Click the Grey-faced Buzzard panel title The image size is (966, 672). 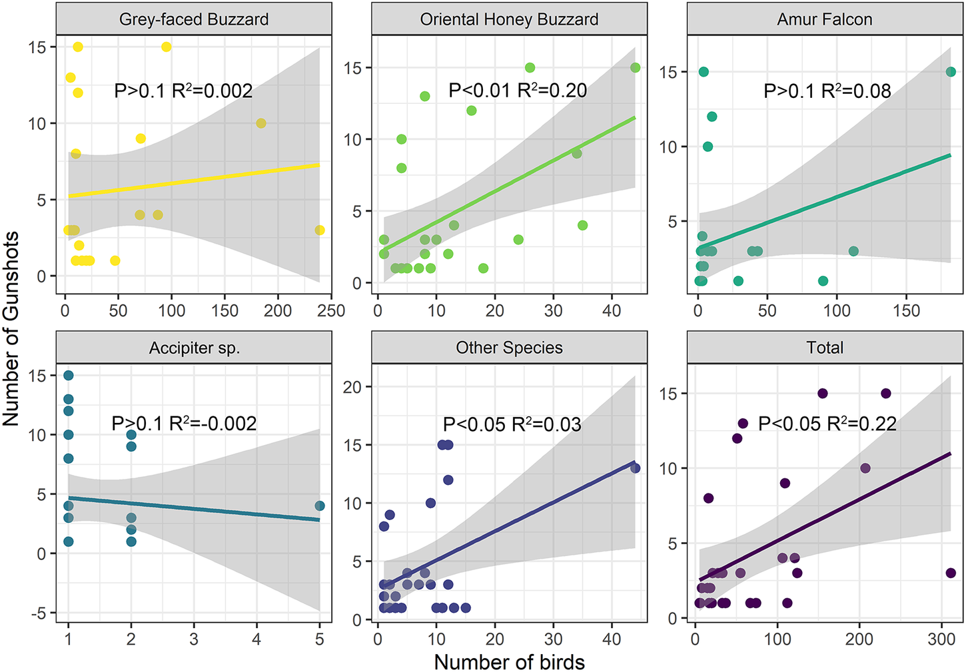(x=194, y=19)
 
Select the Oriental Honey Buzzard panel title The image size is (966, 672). (x=509, y=19)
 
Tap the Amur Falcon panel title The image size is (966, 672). (x=825, y=19)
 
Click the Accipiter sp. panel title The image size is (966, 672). (x=194, y=348)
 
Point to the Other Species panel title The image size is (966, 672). (x=509, y=348)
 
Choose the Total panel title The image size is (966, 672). (x=825, y=348)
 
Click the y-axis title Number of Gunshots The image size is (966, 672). (x=11, y=329)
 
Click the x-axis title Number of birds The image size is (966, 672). (x=509, y=662)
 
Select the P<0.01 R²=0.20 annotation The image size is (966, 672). (x=518, y=91)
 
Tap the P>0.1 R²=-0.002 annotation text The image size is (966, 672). (x=184, y=424)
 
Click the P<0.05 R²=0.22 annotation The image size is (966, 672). (x=827, y=424)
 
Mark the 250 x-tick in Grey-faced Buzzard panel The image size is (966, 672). (x=331, y=311)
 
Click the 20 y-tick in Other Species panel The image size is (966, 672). (x=352, y=387)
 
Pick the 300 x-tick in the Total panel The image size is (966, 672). (x=941, y=639)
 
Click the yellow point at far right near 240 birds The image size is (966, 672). (x=320, y=230)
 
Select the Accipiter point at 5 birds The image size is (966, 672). (x=320, y=506)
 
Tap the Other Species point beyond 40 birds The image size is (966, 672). (x=636, y=468)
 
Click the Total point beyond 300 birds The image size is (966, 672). (x=951, y=573)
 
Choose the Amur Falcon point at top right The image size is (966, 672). (x=951, y=72)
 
